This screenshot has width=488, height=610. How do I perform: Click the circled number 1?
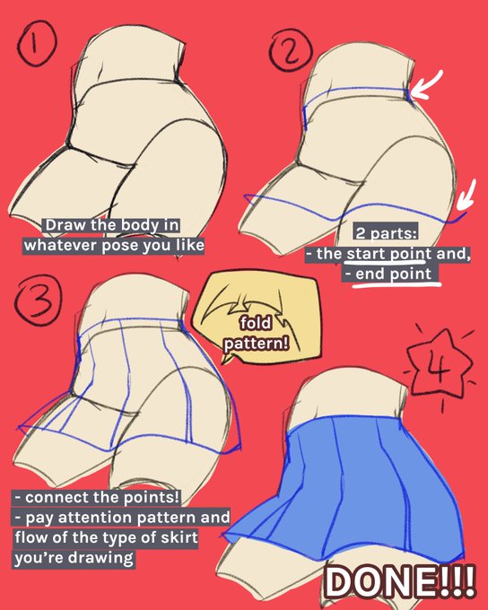(x=37, y=43)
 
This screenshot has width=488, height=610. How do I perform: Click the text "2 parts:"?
(x=386, y=233)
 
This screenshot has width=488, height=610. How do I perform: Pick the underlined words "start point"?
(x=388, y=254)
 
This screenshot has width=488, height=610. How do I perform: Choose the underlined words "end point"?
(x=394, y=274)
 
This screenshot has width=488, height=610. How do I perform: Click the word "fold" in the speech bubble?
(x=256, y=323)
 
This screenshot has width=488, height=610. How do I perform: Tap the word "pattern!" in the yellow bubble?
(x=256, y=343)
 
